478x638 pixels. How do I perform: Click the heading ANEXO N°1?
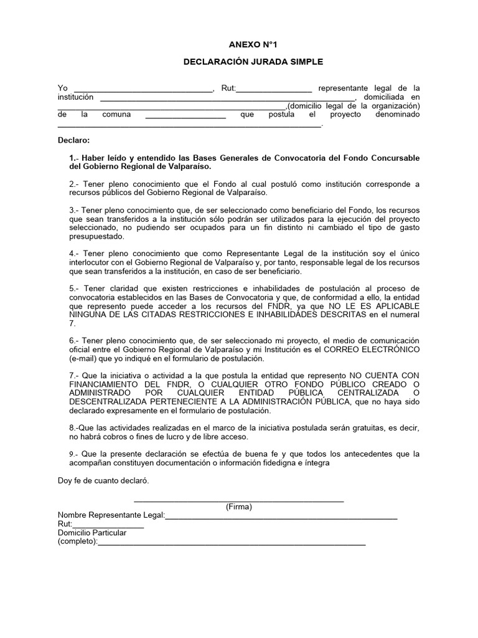click(x=239, y=45)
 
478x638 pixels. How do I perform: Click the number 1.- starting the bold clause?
click(x=75, y=158)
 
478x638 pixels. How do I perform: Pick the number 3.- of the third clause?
click(x=75, y=211)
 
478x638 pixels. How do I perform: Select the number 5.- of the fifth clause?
click(x=75, y=288)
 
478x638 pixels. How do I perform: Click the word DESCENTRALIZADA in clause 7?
click(x=115, y=402)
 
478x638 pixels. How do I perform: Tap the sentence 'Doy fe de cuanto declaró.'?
click(x=103, y=481)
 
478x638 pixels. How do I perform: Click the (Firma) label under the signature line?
click(x=239, y=507)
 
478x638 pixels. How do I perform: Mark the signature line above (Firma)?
click(x=239, y=500)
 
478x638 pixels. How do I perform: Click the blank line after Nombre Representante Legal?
click(x=281, y=517)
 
